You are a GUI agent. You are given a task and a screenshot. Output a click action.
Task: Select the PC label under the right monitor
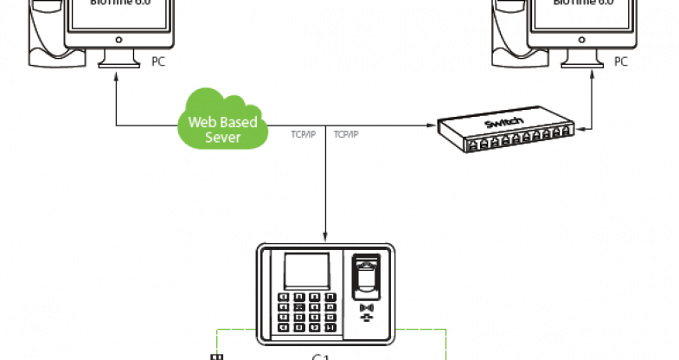620,61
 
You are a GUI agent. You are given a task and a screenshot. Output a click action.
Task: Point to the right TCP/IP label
347,134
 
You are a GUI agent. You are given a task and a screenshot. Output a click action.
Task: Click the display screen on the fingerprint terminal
308,272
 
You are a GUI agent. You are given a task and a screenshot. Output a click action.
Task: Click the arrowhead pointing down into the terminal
326,236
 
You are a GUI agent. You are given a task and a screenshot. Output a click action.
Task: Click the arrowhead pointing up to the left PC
117,78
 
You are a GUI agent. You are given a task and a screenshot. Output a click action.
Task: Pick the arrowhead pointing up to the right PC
593,78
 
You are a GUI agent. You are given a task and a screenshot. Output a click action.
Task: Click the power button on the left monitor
117,38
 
